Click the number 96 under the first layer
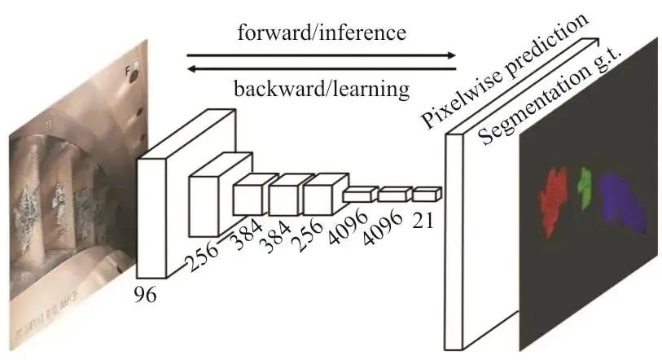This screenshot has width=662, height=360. point(147,294)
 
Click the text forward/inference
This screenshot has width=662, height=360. point(322,33)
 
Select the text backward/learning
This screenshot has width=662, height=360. point(321,87)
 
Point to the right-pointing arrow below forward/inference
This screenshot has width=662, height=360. point(322,55)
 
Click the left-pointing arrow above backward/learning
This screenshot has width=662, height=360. point(322,69)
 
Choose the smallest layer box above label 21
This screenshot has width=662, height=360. point(425,194)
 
